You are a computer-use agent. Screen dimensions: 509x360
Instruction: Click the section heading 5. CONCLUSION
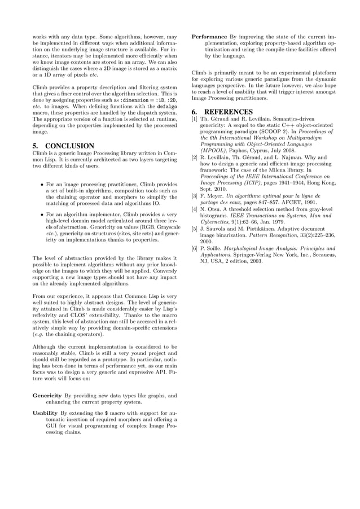(63, 146)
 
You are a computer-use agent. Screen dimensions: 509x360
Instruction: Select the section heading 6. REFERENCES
(222, 112)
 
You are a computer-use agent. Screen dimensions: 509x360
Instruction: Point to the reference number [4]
(194, 209)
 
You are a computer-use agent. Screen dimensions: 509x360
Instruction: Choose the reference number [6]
(194, 248)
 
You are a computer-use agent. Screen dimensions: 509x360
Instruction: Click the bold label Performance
(209, 37)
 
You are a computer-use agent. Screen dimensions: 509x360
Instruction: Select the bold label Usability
(45, 413)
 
